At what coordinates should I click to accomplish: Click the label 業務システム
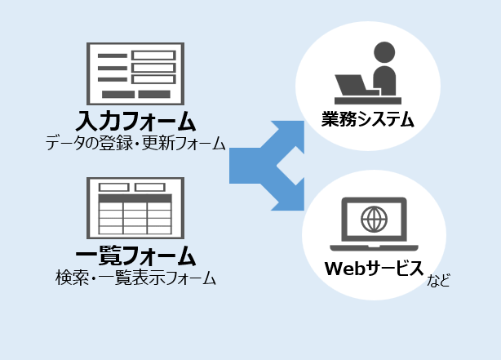pos(367,121)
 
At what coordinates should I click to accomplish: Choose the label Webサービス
pos(374,267)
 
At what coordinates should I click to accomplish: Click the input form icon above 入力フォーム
pos(135,73)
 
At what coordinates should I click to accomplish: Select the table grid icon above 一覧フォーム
pos(135,207)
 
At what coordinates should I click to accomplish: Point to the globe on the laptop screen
pos(374,218)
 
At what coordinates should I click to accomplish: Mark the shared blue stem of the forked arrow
pos(245,166)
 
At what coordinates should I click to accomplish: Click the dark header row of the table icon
pos(135,198)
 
